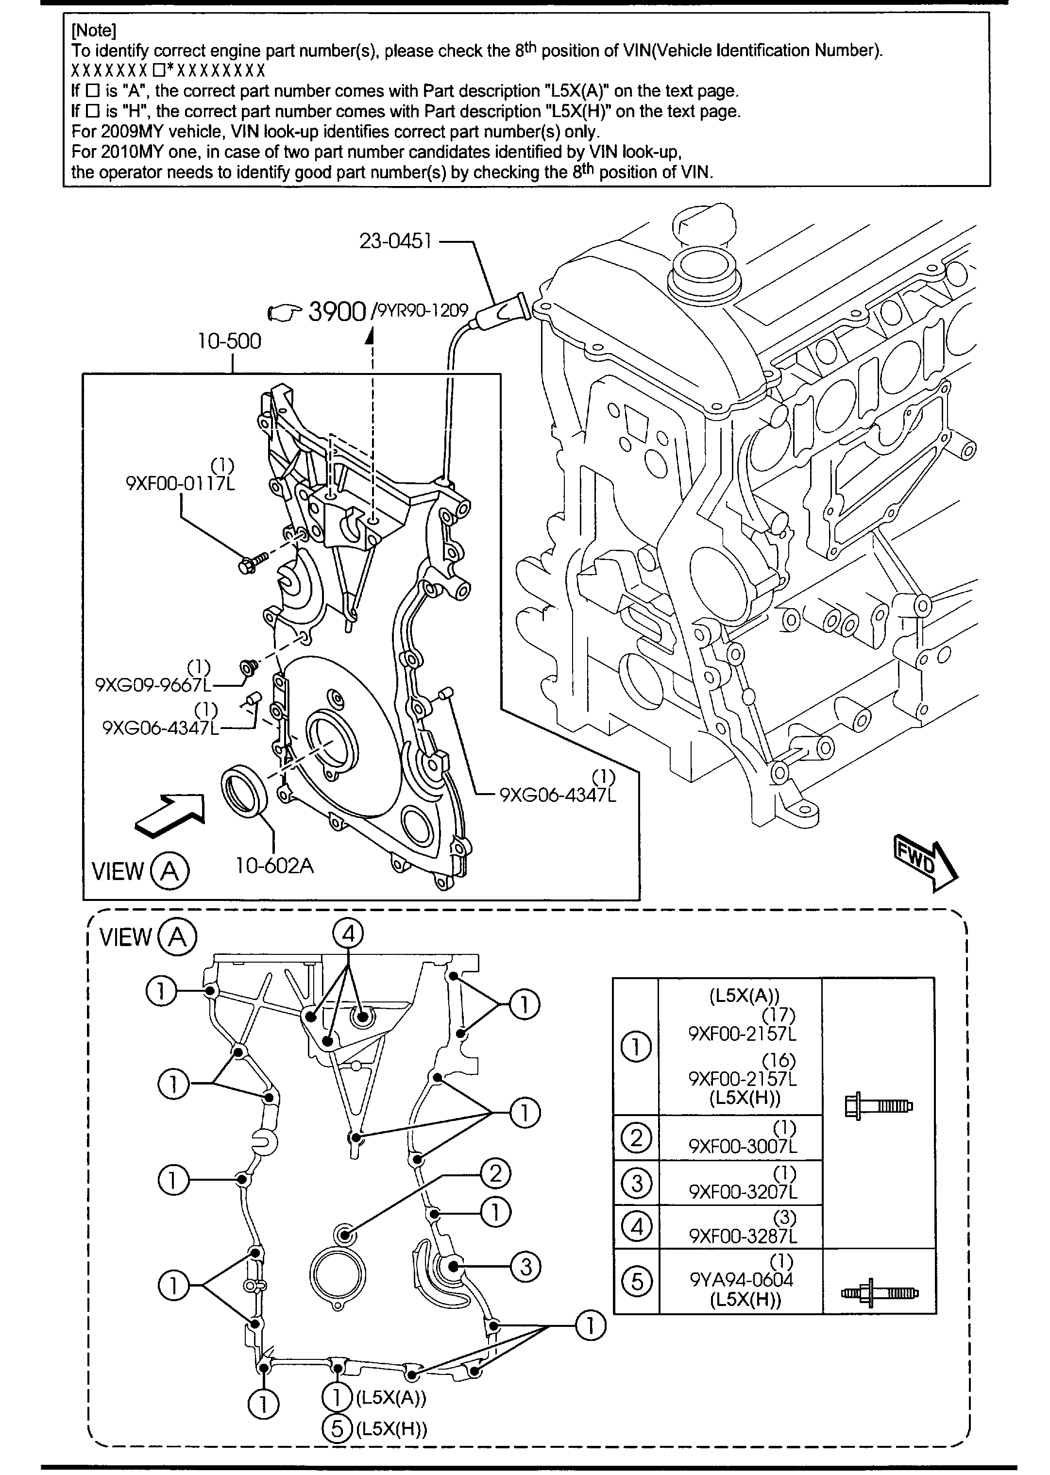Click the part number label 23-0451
(x=395, y=242)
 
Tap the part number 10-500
(x=230, y=341)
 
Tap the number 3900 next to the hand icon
(x=337, y=312)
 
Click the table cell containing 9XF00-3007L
(x=740, y=1137)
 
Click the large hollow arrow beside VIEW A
(x=169, y=816)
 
